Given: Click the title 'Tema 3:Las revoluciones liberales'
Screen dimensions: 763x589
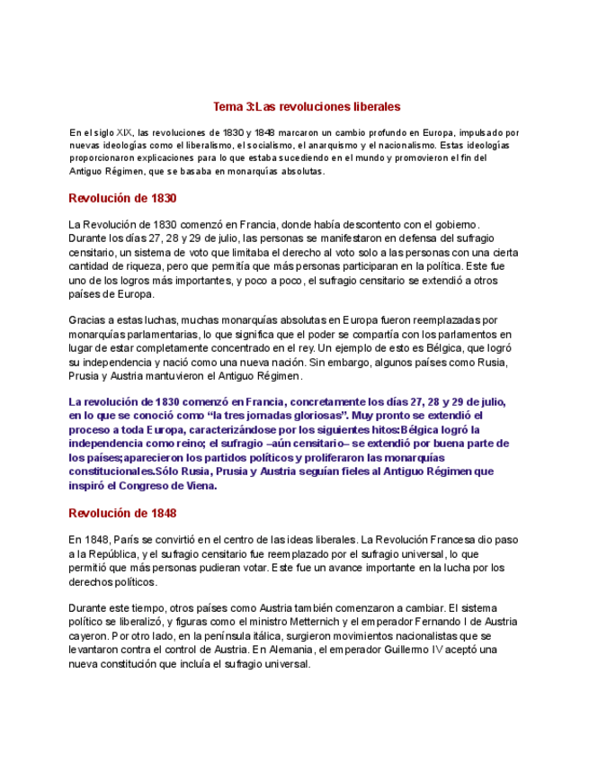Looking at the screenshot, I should click(x=294, y=106).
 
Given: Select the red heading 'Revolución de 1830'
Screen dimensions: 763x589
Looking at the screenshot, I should click(x=122, y=198).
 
